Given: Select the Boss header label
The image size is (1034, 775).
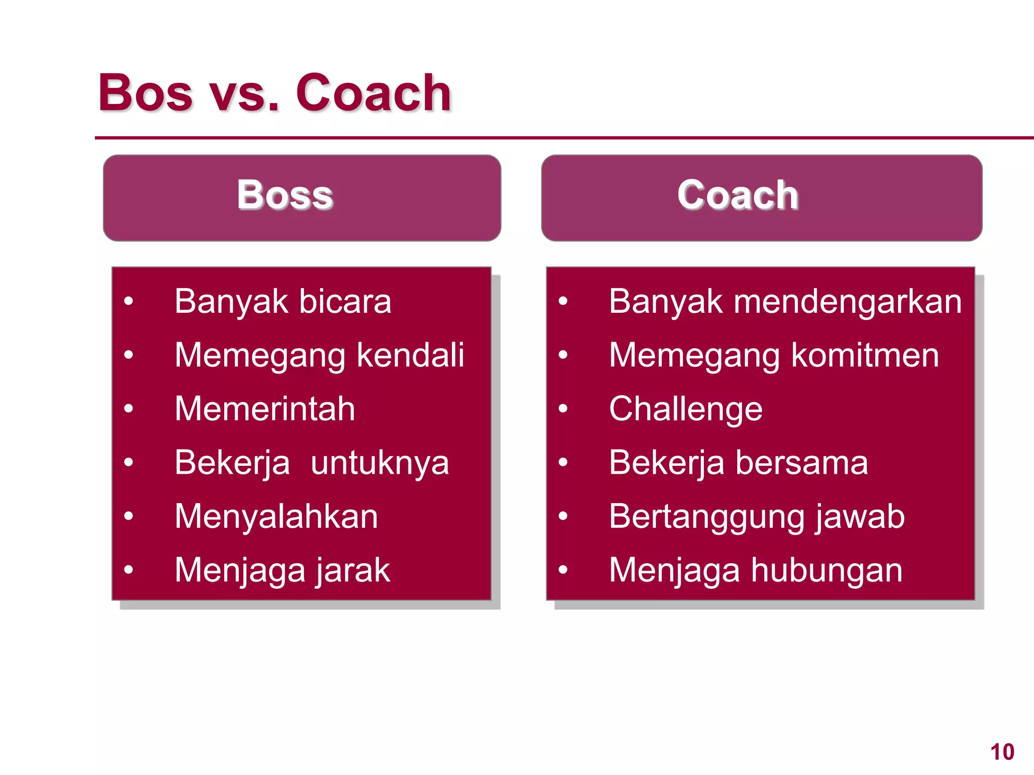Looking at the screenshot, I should [285, 195].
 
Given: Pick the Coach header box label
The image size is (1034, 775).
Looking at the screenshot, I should [738, 195].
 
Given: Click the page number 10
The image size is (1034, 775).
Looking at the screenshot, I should [1002, 752].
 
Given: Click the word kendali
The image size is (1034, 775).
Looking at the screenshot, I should [410, 355].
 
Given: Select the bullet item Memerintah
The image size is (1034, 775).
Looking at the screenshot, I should [265, 409].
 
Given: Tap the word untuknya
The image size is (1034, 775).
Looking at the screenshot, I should [380, 463].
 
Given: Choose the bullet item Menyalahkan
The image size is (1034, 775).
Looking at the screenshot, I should [276, 517].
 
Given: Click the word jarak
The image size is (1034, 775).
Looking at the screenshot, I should [352, 571].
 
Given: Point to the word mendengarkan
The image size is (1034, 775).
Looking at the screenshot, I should [848, 302].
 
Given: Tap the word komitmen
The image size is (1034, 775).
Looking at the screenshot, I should [865, 355].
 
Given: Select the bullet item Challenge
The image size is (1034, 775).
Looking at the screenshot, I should [686, 409].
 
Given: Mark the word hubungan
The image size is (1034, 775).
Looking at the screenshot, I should [826, 571].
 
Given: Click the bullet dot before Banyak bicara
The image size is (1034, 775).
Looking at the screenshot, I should [129, 301].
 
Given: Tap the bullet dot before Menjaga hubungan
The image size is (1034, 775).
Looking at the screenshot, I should [563, 570].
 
